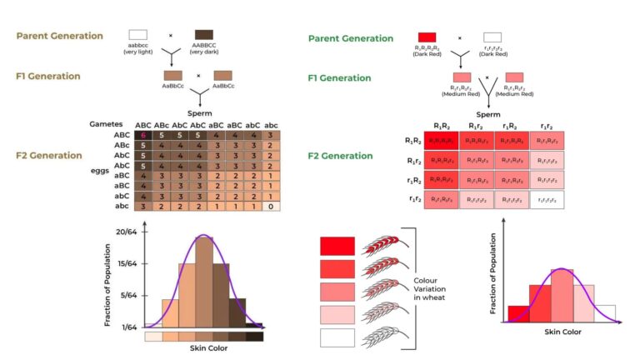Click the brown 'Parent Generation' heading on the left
[59, 36]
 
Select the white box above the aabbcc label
[137, 35]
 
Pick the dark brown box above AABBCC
[203, 35]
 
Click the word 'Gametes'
[106, 123]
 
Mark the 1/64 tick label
[128, 327]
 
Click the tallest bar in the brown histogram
[203, 282]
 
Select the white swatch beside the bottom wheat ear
[337, 337]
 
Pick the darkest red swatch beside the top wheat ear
[337, 246]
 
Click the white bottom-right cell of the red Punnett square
[546, 200]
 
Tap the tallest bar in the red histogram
[562, 295]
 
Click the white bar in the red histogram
[605, 312]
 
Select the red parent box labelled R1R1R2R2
[427, 37]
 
